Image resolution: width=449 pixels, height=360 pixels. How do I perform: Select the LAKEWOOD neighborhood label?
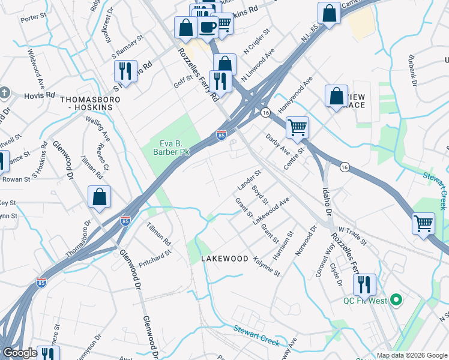pyautogui.click(x=224, y=258)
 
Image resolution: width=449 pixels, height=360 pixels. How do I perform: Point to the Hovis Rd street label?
pyautogui.click(x=40, y=95)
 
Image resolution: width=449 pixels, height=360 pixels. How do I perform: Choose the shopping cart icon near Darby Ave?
pyautogui.click(x=297, y=128)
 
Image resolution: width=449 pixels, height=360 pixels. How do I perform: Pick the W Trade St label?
pyautogui.click(x=352, y=235)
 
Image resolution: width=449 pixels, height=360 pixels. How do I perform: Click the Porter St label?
pyautogui.click(x=29, y=19)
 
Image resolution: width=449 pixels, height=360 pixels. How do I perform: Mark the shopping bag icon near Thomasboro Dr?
pyautogui.click(x=99, y=198)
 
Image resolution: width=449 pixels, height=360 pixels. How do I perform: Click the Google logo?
pyautogui.click(x=20, y=353)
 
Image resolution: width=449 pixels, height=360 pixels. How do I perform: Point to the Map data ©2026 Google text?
pyautogui.click(x=412, y=355)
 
